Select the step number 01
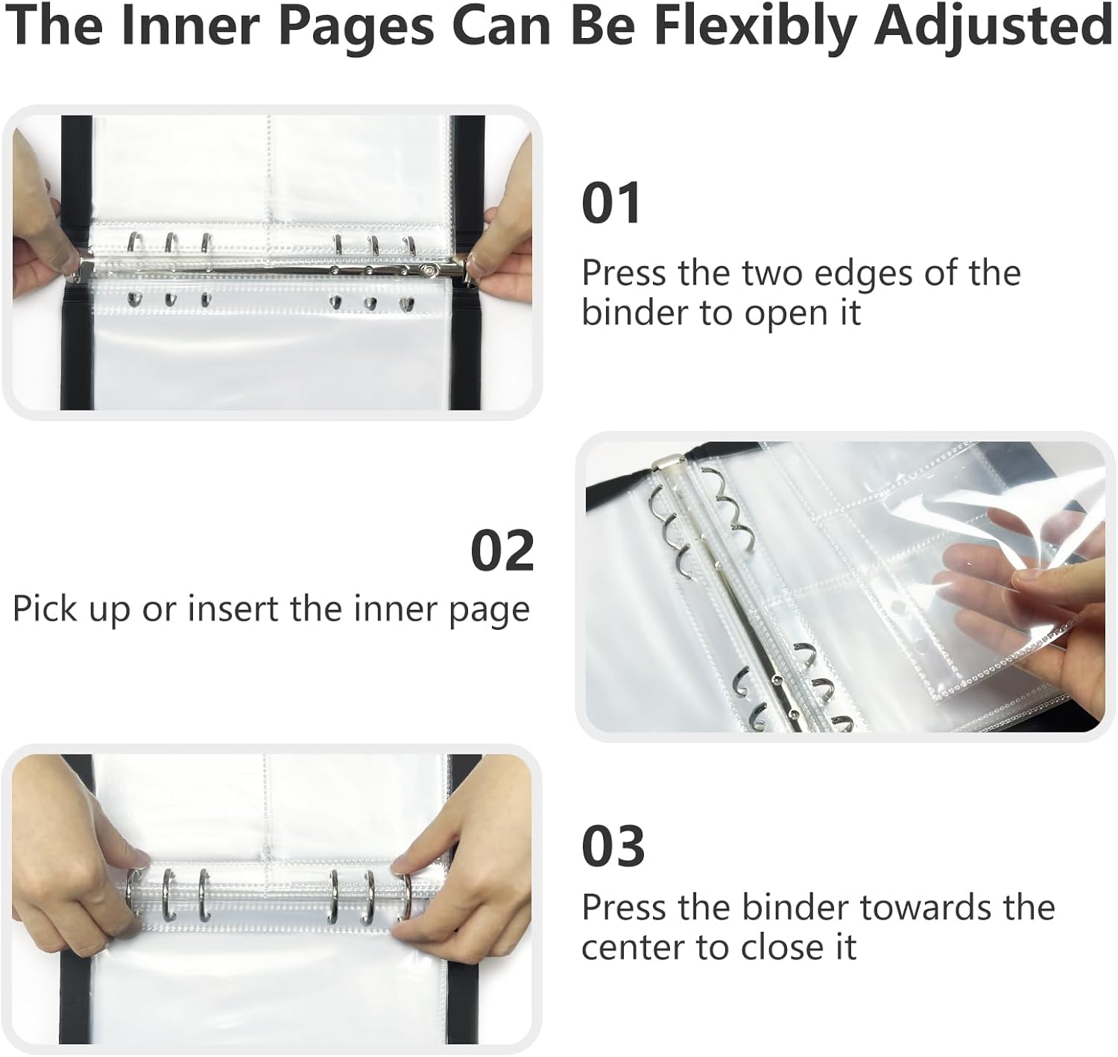(x=611, y=203)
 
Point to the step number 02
(x=502, y=550)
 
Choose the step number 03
(x=613, y=847)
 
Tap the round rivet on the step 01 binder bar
(x=425, y=270)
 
